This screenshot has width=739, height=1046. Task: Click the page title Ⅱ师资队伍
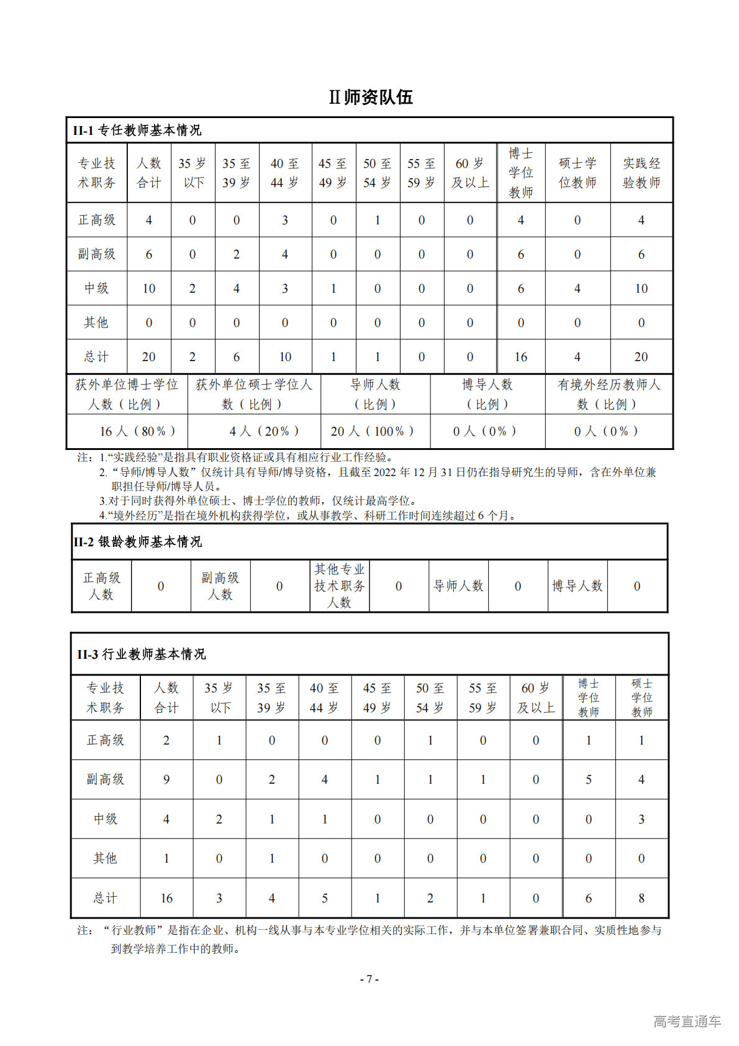click(x=370, y=97)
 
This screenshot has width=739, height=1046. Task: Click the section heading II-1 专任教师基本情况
click(x=137, y=130)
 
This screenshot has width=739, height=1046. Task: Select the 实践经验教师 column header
click(x=641, y=173)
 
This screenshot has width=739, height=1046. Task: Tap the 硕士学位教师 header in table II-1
click(x=577, y=173)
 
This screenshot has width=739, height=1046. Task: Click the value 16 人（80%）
click(x=137, y=431)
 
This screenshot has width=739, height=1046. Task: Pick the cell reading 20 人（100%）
click(x=371, y=431)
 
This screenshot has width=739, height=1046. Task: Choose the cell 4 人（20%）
click(x=264, y=431)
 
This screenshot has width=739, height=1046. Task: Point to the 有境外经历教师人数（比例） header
click(x=609, y=394)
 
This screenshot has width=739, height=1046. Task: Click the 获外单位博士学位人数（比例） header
click(x=127, y=394)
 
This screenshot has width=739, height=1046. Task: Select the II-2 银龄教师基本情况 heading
click(x=137, y=541)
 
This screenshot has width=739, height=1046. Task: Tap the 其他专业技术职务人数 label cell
click(x=339, y=585)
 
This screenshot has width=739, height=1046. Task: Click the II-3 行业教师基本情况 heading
click(x=142, y=654)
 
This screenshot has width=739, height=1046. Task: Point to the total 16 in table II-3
click(x=166, y=898)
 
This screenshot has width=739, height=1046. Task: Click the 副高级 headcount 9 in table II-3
click(x=166, y=779)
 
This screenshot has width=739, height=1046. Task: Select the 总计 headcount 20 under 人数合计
click(x=148, y=357)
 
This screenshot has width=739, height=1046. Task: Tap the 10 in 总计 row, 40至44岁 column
click(x=284, y=357)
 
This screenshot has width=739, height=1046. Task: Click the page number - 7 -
click(x=369, y=979)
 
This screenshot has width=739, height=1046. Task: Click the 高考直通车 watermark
click(x=687, y=1021)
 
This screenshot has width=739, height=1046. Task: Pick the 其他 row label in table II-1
click(x=96, y=323)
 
